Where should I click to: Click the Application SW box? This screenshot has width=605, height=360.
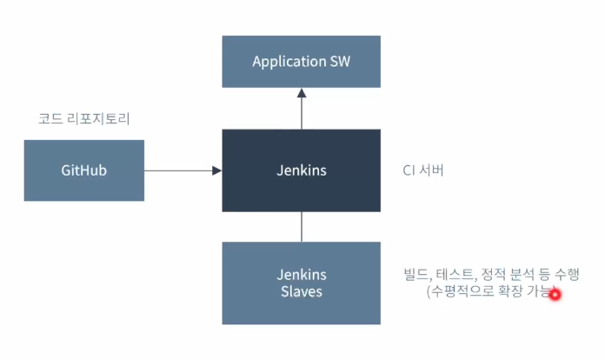click(x=301, y=62)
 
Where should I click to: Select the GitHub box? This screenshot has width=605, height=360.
click(x=84, y=170)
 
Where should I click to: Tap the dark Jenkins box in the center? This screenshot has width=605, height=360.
click(x=301, y=170)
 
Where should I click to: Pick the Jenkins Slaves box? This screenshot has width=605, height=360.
click(x=301, y=283)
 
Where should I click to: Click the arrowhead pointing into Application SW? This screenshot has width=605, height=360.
click(x=302, y=93)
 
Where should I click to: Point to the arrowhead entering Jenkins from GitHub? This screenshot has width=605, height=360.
click(x=216, y=170)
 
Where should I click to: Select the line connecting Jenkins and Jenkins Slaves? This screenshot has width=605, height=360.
click(x=302, y=227)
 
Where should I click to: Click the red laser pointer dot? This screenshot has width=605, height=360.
click(x=555, y=295)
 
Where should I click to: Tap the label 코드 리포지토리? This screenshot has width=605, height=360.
click(x=84, y=118)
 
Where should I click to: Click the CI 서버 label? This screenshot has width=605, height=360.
click(x=423, y=170)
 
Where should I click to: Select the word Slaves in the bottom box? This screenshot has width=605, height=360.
click(x=302, y=291)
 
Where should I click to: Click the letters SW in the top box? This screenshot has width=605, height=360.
click(x=341, y=62)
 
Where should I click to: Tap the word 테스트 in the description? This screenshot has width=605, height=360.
click(x=455, y=274)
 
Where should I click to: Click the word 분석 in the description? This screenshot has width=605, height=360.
click(x=522, y=274)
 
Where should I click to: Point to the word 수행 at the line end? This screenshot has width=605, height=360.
click(x=567, y=274)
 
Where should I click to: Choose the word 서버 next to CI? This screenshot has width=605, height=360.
click(x=431, y=170)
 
